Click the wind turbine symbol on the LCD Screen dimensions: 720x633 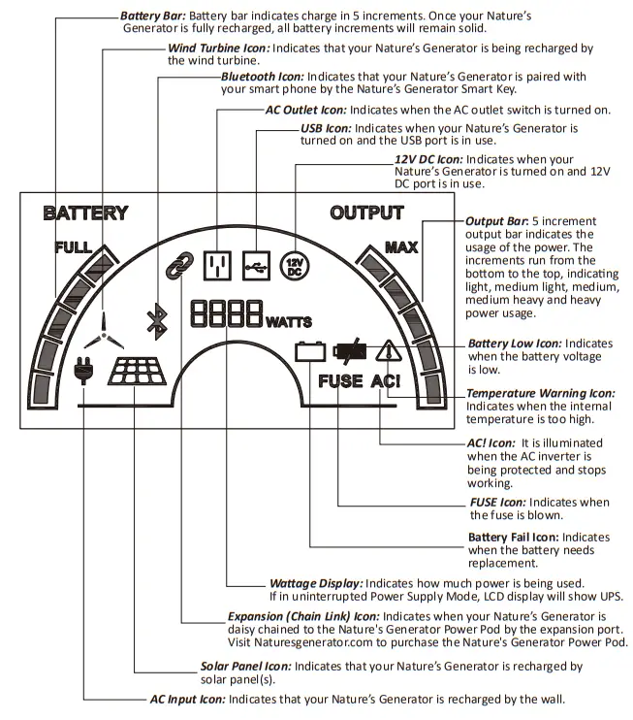tap(105, 326)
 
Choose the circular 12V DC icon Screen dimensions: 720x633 tap(292, 265)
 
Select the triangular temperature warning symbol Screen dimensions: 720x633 tap(389, 351)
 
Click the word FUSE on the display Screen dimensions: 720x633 tap(340, 381)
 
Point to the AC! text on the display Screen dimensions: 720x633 tap(386, 381)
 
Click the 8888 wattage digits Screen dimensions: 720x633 tap(226, 312)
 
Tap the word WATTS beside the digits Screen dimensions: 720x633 tap(289, 321)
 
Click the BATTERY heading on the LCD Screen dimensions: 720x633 tap(85, 213)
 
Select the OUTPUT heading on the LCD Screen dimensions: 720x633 tap(366, 213)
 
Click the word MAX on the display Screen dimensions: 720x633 tap(400, 247)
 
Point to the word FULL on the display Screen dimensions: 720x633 tap(73, 247)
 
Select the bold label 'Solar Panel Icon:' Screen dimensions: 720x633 tap(244, 667)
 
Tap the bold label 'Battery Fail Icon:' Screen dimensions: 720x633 tap(514, 537)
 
